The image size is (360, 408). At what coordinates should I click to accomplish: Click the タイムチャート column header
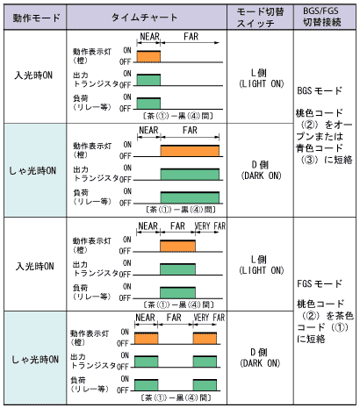point(145,18)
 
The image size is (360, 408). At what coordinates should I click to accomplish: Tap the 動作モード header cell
point(36,18)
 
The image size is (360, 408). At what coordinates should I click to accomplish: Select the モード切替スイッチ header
point(260,18)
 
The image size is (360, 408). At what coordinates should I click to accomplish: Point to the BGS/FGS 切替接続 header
point(321,17)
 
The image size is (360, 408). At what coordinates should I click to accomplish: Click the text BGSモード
point(320,90)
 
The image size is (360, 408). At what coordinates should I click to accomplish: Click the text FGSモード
point(320,283)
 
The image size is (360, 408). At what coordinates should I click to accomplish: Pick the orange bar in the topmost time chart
point(148,56)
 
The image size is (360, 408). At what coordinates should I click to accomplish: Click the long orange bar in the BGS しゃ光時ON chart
point(190,151)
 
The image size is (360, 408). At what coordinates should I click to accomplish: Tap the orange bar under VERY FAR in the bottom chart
point(205,339)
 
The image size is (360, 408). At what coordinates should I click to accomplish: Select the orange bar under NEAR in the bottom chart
point(147,339)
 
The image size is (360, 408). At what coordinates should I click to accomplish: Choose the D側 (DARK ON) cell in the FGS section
point(260,358)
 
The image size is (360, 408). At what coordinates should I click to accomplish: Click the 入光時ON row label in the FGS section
point(34,267)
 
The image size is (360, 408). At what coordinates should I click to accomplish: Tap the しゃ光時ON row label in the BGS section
point(32,170)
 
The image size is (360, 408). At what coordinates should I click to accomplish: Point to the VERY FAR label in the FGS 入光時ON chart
point(210,226)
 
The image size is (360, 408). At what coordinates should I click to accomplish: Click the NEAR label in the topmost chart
point(149,37)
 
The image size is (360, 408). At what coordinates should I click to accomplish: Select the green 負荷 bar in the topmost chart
point(148,104)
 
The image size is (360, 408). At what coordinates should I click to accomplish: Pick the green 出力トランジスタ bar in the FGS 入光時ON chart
point(177,269)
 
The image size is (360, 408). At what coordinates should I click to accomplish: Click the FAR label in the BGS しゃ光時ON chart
point(190,130)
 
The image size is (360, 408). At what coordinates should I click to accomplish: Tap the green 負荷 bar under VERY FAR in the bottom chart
point(205,385)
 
